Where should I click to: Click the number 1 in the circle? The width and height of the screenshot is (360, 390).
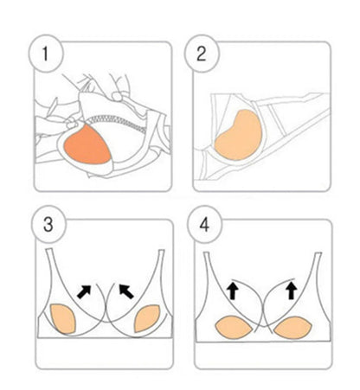[x=45, y=54]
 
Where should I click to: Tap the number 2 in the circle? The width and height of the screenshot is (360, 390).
[x=202, y=54]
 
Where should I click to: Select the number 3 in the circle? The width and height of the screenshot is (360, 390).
[x=48, y=225]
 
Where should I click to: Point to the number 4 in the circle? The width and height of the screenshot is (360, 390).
[x=204, y=225]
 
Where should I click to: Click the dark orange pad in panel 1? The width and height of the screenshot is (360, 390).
[x=87, y=144]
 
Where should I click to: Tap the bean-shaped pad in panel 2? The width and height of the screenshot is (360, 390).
[x=239, y=135]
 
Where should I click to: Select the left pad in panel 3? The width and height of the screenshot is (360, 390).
[x=63, y=318]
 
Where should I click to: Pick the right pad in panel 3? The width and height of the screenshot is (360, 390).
[x=146, y=318]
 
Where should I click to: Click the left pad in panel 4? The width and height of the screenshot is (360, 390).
[x=234, y=327]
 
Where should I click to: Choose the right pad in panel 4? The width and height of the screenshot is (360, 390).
[x=292, y=327]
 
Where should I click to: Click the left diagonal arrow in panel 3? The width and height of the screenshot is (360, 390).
[x=84, y=291]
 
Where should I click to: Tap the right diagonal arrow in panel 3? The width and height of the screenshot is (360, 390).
[x=126, y=291]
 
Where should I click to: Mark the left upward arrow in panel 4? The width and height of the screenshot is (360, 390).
[x=233, y=291]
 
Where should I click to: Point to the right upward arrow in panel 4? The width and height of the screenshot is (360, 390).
[x=292, y=291]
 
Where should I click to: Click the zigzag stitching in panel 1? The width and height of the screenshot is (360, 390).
[x=119, y=122]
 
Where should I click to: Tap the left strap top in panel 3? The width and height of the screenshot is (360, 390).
[x=49, y=250]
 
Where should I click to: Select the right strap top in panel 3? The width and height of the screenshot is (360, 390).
[x=161, y=252]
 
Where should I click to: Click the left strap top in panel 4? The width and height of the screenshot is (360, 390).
[x=206, y=254]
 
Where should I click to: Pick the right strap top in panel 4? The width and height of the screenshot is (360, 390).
[x=318, y=254]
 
